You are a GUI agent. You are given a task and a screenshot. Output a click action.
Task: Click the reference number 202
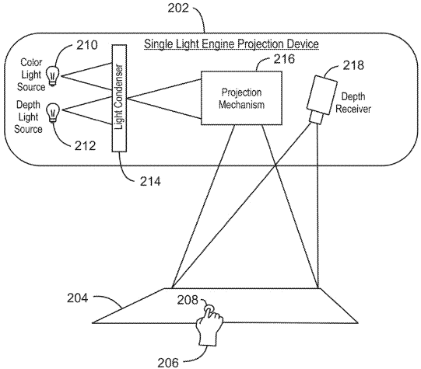(x=178, y=8)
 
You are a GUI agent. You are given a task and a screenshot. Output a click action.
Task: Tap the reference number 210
(x=87, y=45)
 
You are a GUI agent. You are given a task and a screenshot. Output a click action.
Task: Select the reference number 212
(x=85, y=146)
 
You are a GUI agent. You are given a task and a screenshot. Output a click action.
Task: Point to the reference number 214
(x=150, y=182)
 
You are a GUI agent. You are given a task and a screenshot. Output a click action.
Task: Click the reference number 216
(x=284, y=59)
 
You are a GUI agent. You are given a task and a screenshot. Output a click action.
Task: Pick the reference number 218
(x=353, y=65)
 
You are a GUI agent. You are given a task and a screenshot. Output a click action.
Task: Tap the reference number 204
(x=77, y=298)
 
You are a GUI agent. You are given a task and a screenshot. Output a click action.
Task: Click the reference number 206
(x=168, y=363)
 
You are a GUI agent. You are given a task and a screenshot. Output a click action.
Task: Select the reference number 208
(x=188, y=300)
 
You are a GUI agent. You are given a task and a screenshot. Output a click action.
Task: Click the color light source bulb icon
(x=53, y=76)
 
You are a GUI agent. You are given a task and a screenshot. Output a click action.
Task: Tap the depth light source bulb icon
(x=53, y=113)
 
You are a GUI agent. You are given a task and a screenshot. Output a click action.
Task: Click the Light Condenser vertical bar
(x=119, y=99)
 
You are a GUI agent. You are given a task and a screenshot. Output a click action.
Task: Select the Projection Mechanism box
(x=242, y=98)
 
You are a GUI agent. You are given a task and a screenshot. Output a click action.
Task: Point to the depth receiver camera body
(x=322, y=96)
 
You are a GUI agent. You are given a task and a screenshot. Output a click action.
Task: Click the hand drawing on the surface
(x=209, y=325)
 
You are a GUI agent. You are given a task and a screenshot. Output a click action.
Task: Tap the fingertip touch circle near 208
(x=208, y=308)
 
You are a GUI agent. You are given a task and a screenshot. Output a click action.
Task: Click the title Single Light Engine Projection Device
(x=231, y=44)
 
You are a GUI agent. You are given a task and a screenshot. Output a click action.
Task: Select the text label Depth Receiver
(x=353, y=103)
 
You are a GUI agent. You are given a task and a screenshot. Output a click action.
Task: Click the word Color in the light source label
(x=31, y=62)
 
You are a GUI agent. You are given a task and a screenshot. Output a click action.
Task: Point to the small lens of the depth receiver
(x=316, y=118)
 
